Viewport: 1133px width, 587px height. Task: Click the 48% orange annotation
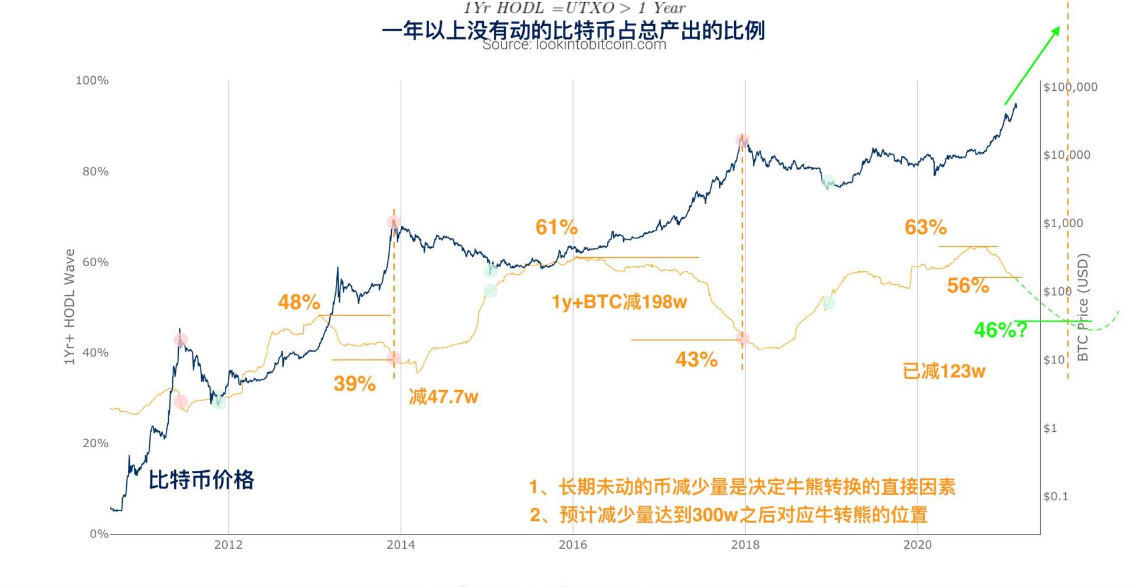coord(299,303)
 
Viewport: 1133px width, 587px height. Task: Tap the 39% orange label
coord(354,384)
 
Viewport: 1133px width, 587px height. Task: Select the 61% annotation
coord(556,228)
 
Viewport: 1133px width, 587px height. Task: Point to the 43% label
coord(696,360)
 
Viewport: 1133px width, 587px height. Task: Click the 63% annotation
coord(925,228)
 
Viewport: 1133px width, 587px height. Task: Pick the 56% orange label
coord(968,286)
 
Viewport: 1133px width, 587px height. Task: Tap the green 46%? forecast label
coord(1000,330)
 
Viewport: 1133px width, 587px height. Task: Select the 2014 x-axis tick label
coord(401,545)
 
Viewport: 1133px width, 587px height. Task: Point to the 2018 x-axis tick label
coord(745,545)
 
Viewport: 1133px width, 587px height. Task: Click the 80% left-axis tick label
coord(95,172)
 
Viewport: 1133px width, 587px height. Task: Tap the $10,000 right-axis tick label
coord(1066,155)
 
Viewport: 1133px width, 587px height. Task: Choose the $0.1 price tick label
coord(1056,497)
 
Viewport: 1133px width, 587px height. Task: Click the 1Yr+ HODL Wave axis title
coord(70,307)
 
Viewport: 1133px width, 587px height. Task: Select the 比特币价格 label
coord(201,480)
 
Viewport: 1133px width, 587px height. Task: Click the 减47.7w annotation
coord(443,397)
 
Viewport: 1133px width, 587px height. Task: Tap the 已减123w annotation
coord(944,372)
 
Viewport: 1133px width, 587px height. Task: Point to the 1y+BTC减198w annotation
coord(619,303)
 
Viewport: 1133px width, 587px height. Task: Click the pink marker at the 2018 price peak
coord(742,140)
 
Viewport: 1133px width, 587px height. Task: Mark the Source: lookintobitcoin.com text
coord(574,45)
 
